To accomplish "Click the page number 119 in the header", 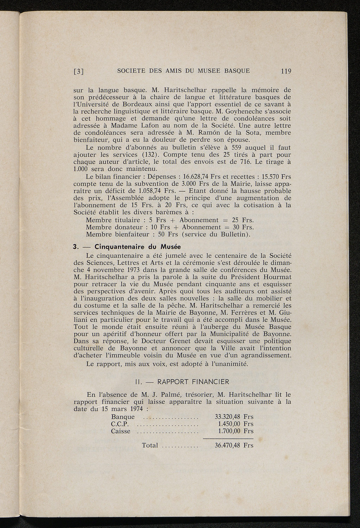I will (x=286, y=71).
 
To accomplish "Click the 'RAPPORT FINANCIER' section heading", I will (x=193, y=382).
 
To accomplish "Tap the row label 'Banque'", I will (x=123, y=417).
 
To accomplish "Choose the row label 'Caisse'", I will (x=121, y=431).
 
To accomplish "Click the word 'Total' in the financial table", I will (x=150, y=445).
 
